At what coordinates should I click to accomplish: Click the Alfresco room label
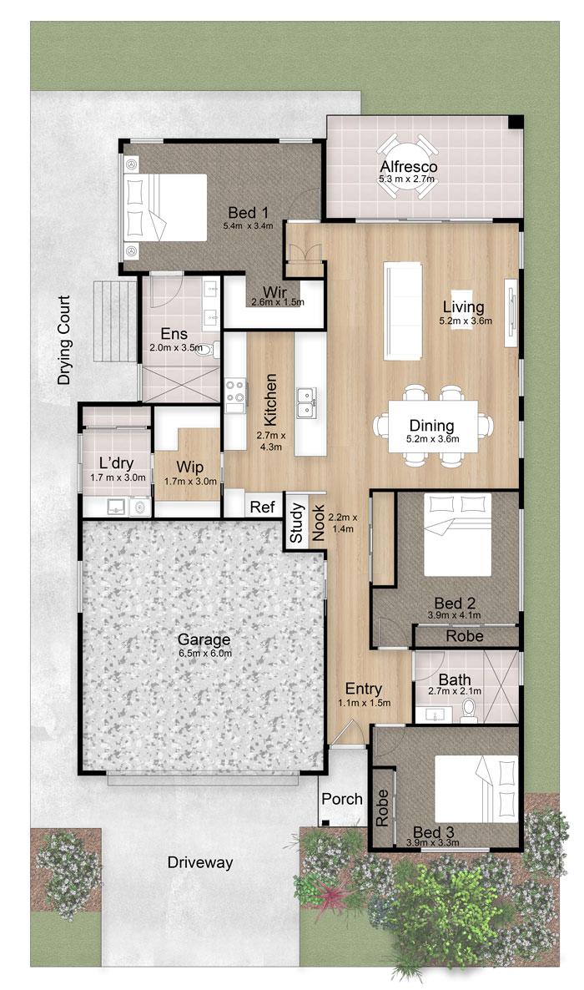(x=409, y=167)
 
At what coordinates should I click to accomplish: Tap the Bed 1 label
(x=248, y=213)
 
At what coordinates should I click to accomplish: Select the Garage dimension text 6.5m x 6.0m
(x=204, y=654)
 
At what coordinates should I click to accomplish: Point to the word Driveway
(x=200, y=862)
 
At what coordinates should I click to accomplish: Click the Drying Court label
(x=63, y=341)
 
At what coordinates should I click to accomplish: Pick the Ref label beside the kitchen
(x=263, y=507)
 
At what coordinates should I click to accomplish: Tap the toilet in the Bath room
(x=469, y=710)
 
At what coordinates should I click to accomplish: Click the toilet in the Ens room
(x=206, y=349)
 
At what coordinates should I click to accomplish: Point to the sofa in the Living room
(x=403, y=311)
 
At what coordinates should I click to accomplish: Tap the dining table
(x=432, y=427)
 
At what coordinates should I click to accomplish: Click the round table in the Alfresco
(x=408, y=166)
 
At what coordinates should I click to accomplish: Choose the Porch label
(x=342, y=799)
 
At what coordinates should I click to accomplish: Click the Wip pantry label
(x=189, y=467)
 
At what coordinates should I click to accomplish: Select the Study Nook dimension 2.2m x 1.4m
(x=342, y=523)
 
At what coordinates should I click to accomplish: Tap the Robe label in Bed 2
(x=465, y=636)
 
